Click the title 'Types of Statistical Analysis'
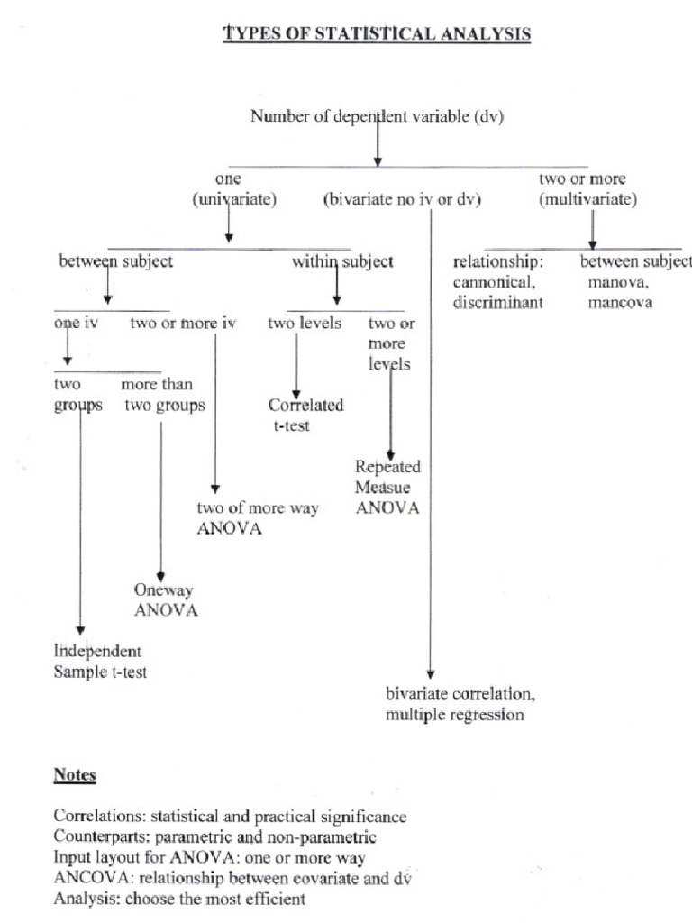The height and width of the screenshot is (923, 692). coord(377,34)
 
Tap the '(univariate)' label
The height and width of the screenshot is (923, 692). coord(233,200)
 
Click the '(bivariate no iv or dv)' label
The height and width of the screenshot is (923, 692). coord(402,200)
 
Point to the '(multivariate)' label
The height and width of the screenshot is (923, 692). coord(587,200)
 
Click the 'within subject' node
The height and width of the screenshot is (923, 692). coord(342,262)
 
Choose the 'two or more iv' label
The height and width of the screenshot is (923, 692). coord(183,324)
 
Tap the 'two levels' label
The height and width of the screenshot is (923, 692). coord(305,324)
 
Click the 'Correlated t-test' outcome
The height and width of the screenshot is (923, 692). coord(305,416)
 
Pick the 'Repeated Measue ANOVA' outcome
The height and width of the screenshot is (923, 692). coord(387,487)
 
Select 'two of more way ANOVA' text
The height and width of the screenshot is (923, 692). coord(258,518)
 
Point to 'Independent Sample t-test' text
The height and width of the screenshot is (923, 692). coord(99,662)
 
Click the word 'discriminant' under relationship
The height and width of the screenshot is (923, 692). coord(498,303)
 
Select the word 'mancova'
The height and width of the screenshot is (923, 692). coord(620,303)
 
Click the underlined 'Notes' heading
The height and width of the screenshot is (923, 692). coord(75,775)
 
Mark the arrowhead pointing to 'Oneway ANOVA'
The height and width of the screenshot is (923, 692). coord(160,575)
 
